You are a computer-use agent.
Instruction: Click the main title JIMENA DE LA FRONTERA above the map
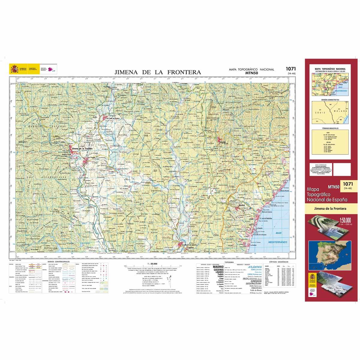point(158,72)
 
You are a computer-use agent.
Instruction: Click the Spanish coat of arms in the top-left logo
point(14,69)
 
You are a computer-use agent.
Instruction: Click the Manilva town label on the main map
point(241,205)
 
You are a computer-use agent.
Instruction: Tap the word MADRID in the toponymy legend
point(218,266)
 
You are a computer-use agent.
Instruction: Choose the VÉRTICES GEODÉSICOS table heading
point(279,262)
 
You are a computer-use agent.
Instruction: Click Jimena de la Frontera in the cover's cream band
point(330,208)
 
